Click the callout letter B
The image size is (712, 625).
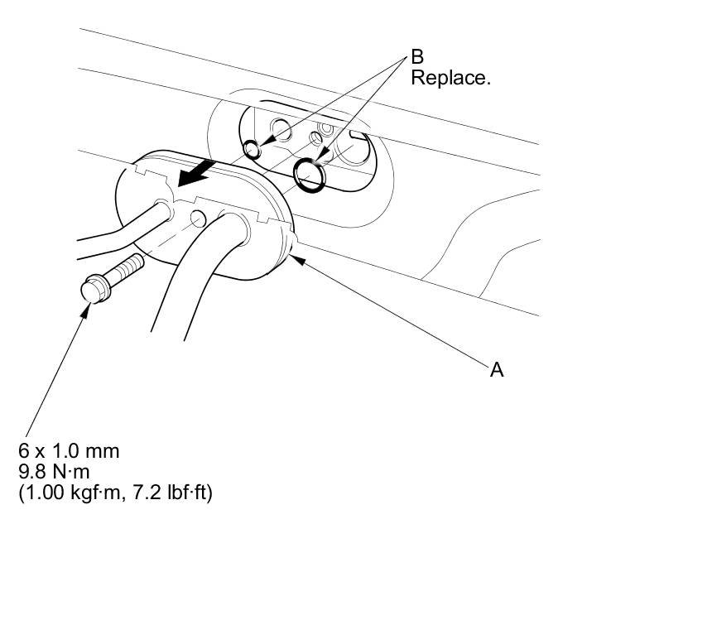[x=417, y=58]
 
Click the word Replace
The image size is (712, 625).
[x=450, y=79]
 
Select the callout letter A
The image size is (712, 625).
[x=497, y=370]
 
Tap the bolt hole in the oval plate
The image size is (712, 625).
[x=198, y=219]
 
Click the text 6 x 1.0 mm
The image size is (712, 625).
[x=70, y=452]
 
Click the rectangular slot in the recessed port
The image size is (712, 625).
[x=355, y=133]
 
